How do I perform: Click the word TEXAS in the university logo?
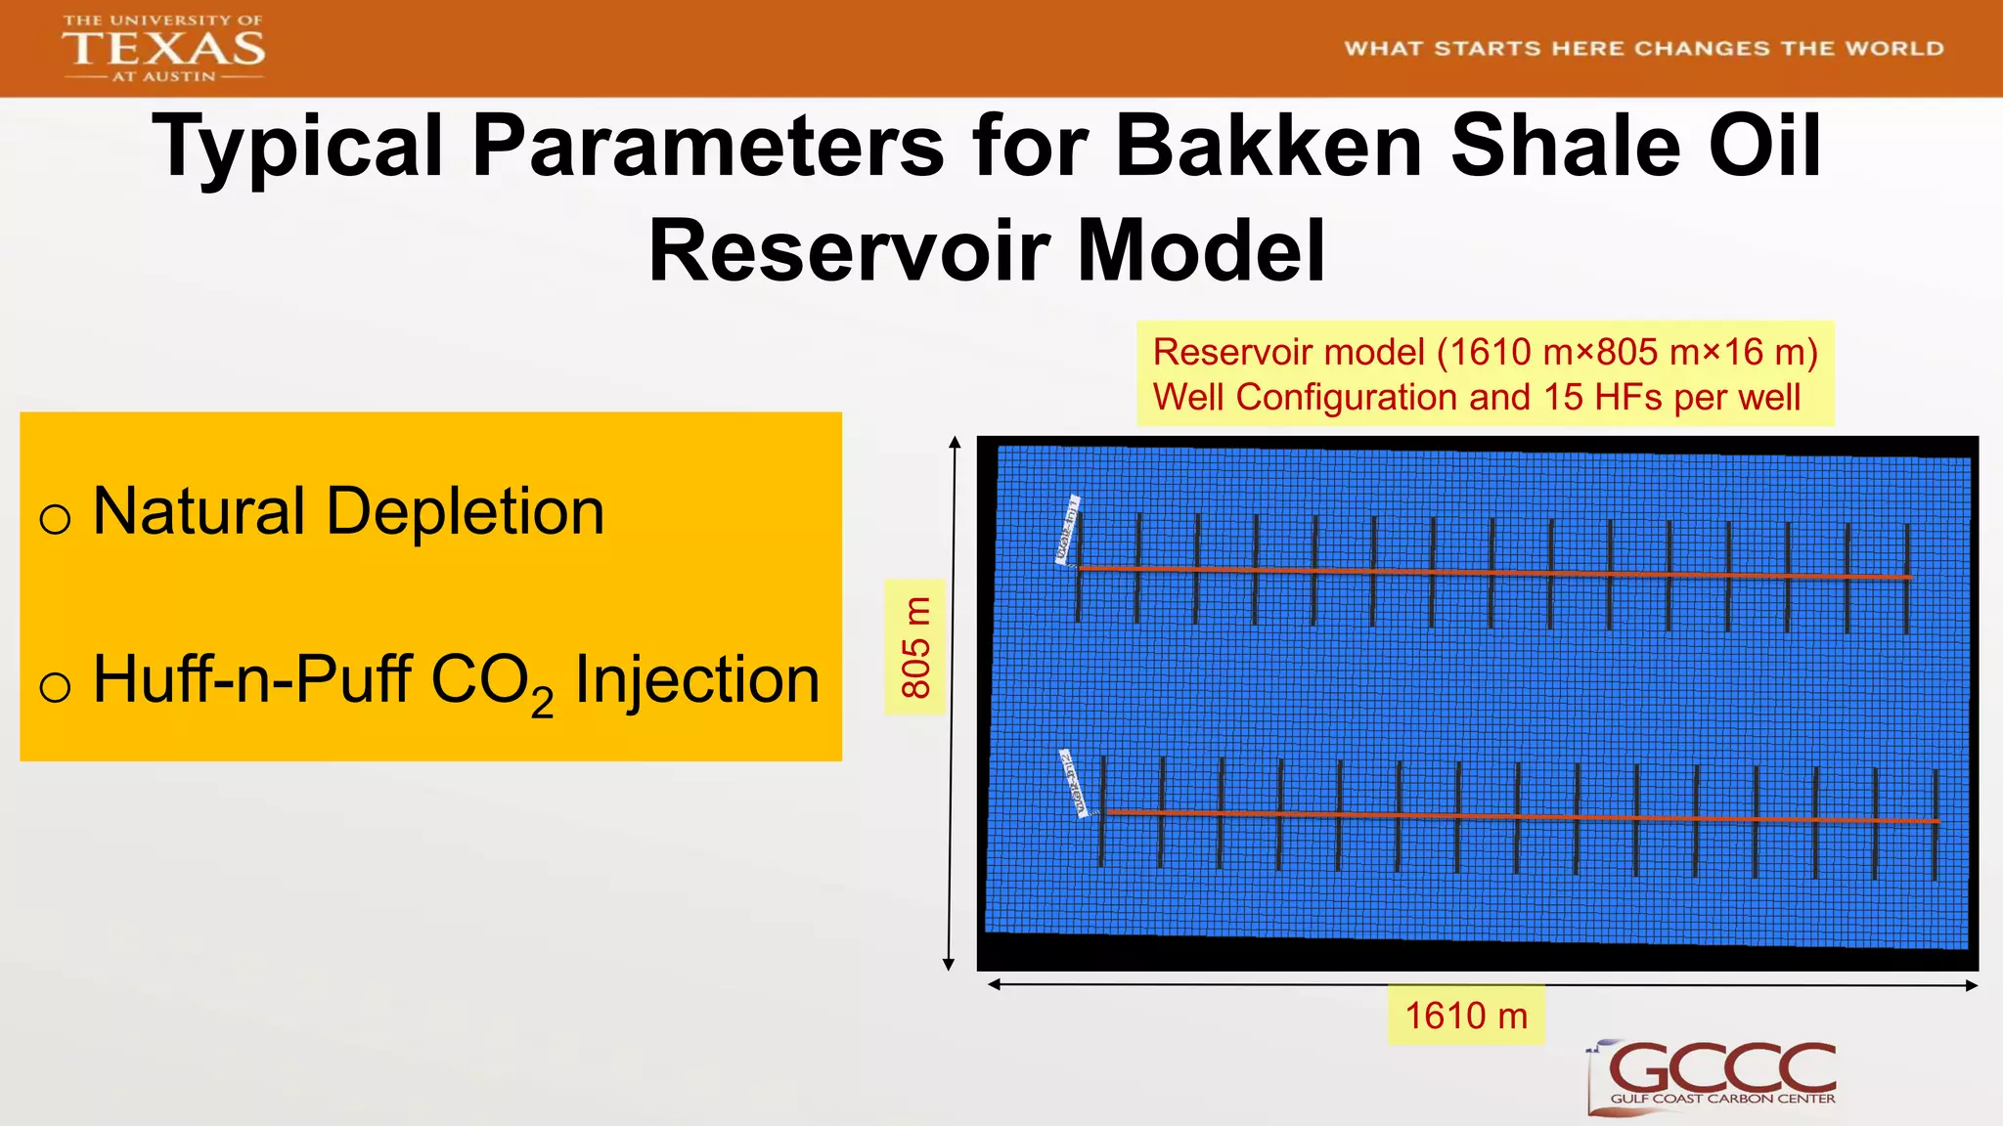coord(163,48)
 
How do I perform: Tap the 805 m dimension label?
coord(914,647)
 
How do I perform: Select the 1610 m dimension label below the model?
coord(1465,1016)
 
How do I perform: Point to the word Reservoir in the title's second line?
coord(849,251)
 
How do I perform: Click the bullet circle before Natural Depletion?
coord(55,518)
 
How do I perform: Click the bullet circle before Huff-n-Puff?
coord(55,686)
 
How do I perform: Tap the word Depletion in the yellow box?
coord(465,511)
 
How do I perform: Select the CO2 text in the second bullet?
coord(491,682)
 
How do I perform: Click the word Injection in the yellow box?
coord(696,680)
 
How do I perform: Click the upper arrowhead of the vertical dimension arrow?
coord(955,443)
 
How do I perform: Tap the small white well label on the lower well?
coord(1075,783)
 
